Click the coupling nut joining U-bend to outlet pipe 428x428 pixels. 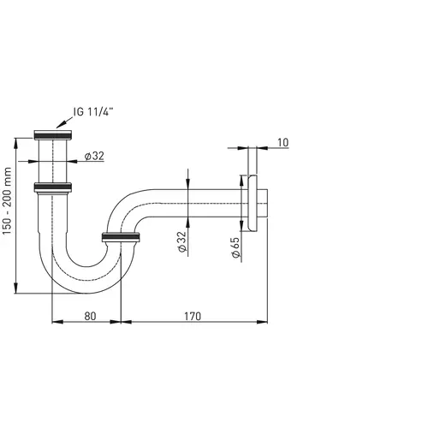click(121, 236)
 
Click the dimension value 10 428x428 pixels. click(282, 143)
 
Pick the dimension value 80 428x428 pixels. click(91, 316)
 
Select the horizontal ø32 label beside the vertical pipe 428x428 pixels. click(94, 157)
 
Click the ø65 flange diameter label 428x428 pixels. click(234, 249)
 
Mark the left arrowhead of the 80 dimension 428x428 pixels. click(56, 322)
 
